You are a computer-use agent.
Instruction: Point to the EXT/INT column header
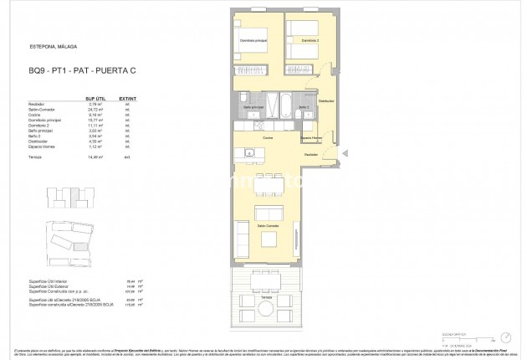tap(127, 96)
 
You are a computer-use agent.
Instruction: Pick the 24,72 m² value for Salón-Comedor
tap(100, 110)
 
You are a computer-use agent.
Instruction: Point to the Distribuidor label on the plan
tap(326, 101)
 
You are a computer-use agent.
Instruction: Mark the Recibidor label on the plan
tap(311, 154)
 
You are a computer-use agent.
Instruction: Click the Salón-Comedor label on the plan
tap(267, 225)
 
